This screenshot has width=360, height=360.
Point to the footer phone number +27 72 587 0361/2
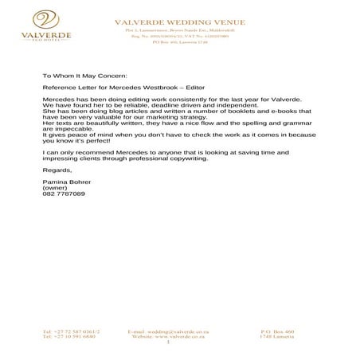coord(72,331)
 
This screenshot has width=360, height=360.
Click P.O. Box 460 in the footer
coord(277,331)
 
